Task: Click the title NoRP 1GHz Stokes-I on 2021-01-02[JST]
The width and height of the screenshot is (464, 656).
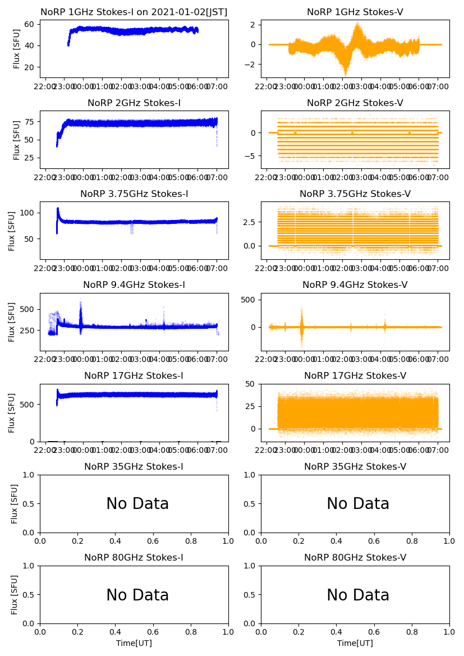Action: tap(134, 12)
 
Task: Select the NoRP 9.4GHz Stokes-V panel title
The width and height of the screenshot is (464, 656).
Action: tap(355, 285)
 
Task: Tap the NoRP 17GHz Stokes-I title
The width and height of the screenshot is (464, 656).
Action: tap(134, 376)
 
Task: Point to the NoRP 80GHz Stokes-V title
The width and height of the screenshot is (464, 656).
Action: tap(355, 558)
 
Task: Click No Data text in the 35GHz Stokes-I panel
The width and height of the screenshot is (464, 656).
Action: tap(137, 504)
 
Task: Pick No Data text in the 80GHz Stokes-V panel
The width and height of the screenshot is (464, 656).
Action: tap(358, 595)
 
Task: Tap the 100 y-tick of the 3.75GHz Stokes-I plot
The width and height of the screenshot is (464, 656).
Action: tap(27, 213)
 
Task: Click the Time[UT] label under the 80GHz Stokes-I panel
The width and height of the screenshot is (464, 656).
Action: tap(134, 643)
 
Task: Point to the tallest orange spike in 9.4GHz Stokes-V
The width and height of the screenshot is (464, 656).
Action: tap(301, 306)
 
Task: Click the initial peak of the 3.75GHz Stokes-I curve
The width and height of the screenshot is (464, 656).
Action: tap(58, 209)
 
